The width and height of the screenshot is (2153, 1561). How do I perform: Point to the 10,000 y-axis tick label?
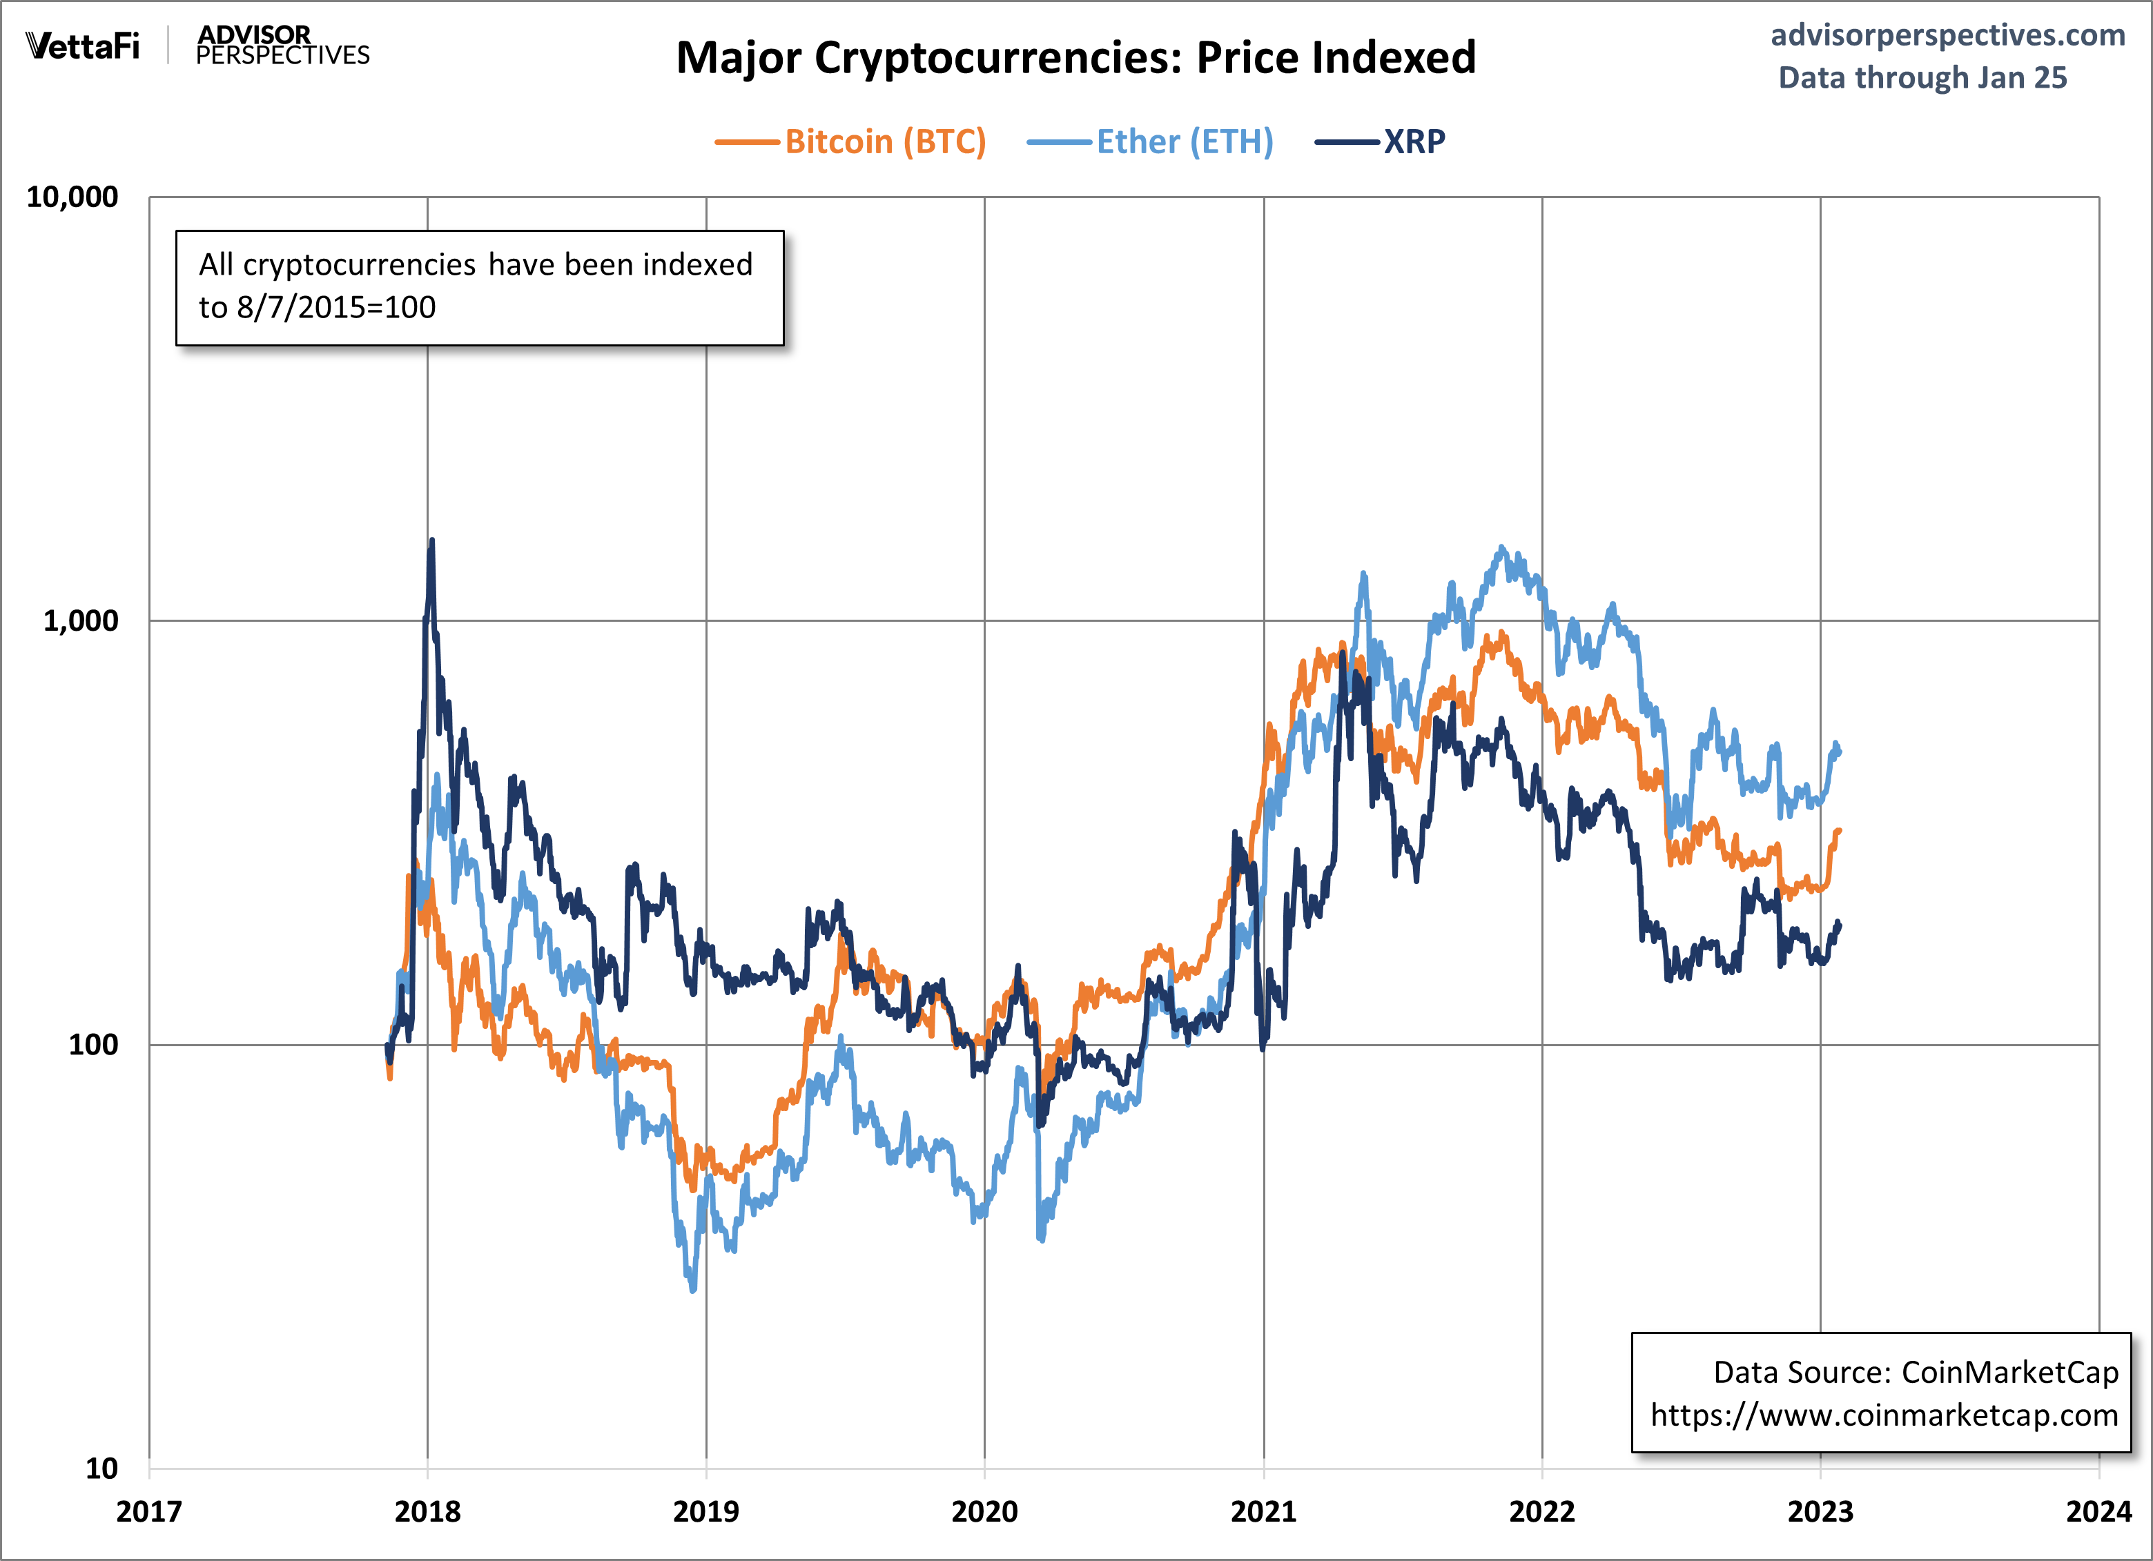point(72,197)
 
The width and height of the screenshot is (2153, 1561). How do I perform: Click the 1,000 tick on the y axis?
point(81,620)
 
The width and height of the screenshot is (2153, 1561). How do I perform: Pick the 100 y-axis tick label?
point(93,1045)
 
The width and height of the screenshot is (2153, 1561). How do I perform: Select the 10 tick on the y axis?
point(101,1468)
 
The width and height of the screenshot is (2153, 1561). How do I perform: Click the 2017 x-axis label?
point(149,1511)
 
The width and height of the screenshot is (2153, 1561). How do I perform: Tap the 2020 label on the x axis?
point(984,1511)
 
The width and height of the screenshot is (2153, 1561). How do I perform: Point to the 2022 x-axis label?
point(1541,1511)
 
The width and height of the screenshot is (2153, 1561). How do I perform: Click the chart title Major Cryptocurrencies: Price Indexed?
point(1075,58)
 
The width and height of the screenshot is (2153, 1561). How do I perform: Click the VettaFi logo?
point(84,46)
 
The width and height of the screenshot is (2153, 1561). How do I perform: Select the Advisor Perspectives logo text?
point(282,46)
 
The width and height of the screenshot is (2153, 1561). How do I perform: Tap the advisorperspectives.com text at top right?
point(1947,35)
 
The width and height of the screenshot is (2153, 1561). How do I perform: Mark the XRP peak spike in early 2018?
point(432,541)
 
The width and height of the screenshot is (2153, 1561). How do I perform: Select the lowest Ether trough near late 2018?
point(693,1288)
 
